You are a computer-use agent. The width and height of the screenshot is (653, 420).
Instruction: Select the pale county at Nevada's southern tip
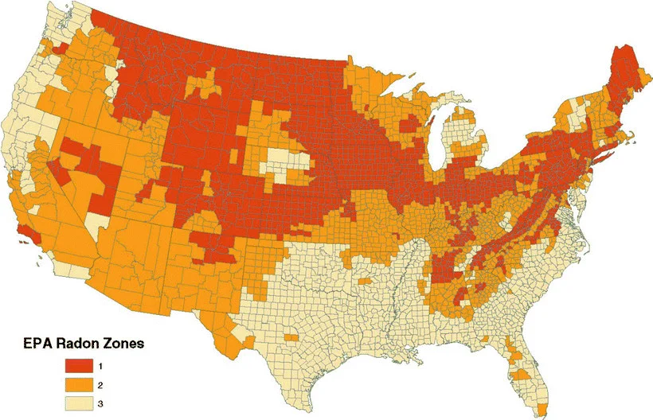tap(96, 224)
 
